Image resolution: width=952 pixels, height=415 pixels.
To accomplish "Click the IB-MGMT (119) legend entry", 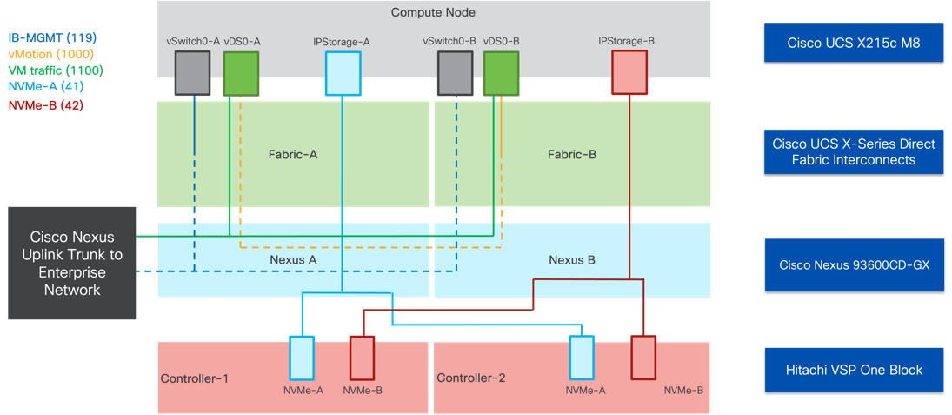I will tap(51, 38).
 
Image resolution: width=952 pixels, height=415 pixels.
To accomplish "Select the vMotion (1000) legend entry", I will tap(52, 54).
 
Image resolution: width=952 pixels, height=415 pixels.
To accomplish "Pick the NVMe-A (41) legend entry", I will tap(45, 87).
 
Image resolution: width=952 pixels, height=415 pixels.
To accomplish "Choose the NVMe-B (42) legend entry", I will tap(45, 104).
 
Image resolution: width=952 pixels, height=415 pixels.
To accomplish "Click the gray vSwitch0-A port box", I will tap(192, 73).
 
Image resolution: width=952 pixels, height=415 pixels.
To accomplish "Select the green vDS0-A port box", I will tap(242, 73).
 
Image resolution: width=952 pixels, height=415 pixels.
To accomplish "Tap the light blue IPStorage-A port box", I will tap(343, 73).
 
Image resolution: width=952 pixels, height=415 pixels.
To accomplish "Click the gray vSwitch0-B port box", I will tap(455, 73).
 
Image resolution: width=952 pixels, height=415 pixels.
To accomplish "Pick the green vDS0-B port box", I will tap(501, 73).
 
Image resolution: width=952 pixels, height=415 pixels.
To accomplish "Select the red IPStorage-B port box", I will tap(629, 73).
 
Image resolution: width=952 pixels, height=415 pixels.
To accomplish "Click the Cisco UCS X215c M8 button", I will tap(853, 44).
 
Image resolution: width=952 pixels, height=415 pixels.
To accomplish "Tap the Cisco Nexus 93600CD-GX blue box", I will tap(853, 264).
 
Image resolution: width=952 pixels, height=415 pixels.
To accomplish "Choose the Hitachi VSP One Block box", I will tap(853, 370).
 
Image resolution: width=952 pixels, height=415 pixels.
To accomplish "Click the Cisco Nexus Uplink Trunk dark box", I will tap(72, 263).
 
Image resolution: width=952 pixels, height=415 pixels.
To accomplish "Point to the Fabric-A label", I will tap(292, 155).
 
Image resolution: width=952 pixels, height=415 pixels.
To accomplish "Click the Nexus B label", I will tap(571, 259).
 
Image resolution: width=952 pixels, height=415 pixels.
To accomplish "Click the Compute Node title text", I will tap(433, 12).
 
